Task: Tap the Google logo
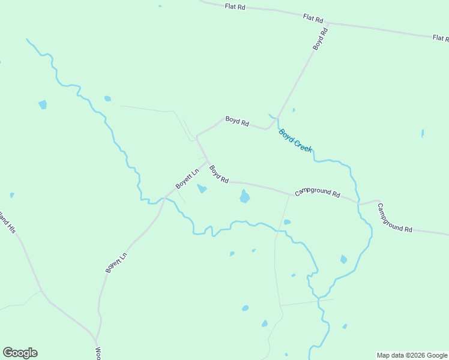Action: (20, 353)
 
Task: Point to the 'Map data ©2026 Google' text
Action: (412, 355)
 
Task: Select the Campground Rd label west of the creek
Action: (318, 194)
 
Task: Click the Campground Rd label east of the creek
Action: (394, 218)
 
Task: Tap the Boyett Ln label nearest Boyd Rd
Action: (187, 178)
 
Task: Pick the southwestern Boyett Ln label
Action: (117, 263)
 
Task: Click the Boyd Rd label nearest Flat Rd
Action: (320, 38)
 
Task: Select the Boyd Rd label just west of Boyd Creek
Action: (237, 121)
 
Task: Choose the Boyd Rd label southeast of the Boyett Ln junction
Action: (219, 175)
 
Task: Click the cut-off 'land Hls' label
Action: (7, 222)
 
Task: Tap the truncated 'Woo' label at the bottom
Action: (97, 353)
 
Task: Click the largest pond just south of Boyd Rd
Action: (244, 196)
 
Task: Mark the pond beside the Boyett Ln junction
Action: (202, 189)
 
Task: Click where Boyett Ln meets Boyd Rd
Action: (207, 160)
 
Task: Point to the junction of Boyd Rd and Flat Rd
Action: (328, 23)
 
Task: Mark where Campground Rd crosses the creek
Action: (358, 204)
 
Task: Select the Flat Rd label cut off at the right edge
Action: (440, 38)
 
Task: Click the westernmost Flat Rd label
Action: (235, 7)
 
